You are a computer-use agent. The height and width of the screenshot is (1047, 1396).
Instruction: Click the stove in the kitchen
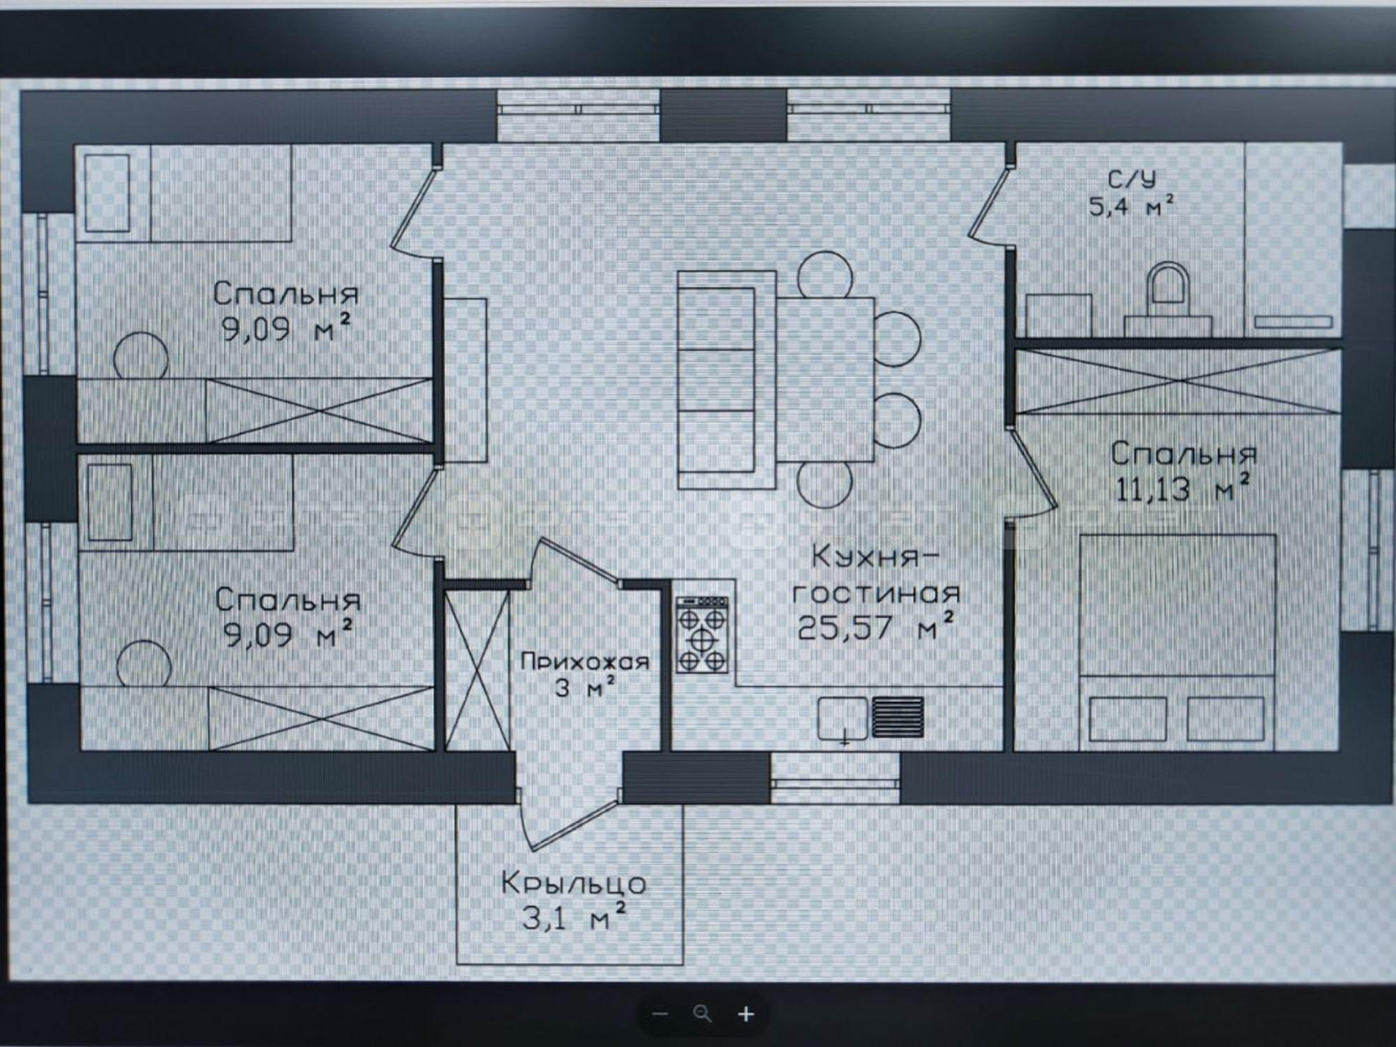[701, 634]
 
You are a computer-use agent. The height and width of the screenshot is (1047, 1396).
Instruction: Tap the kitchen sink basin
[843, 718]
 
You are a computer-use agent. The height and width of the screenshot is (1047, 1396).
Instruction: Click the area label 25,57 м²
[876, 626]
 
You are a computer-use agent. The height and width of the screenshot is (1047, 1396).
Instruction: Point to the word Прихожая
[585, 662]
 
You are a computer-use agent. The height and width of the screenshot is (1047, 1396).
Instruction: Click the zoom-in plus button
[746, 1013]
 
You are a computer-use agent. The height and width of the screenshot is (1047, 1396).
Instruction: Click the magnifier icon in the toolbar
[703, 1013]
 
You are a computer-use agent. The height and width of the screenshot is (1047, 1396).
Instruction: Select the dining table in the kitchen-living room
[826, 379]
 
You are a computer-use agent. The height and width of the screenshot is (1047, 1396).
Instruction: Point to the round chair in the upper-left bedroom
[141, 355]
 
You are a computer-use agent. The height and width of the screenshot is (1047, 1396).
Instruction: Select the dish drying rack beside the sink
[898, 717]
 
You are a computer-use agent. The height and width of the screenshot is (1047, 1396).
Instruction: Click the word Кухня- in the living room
[877, 557]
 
